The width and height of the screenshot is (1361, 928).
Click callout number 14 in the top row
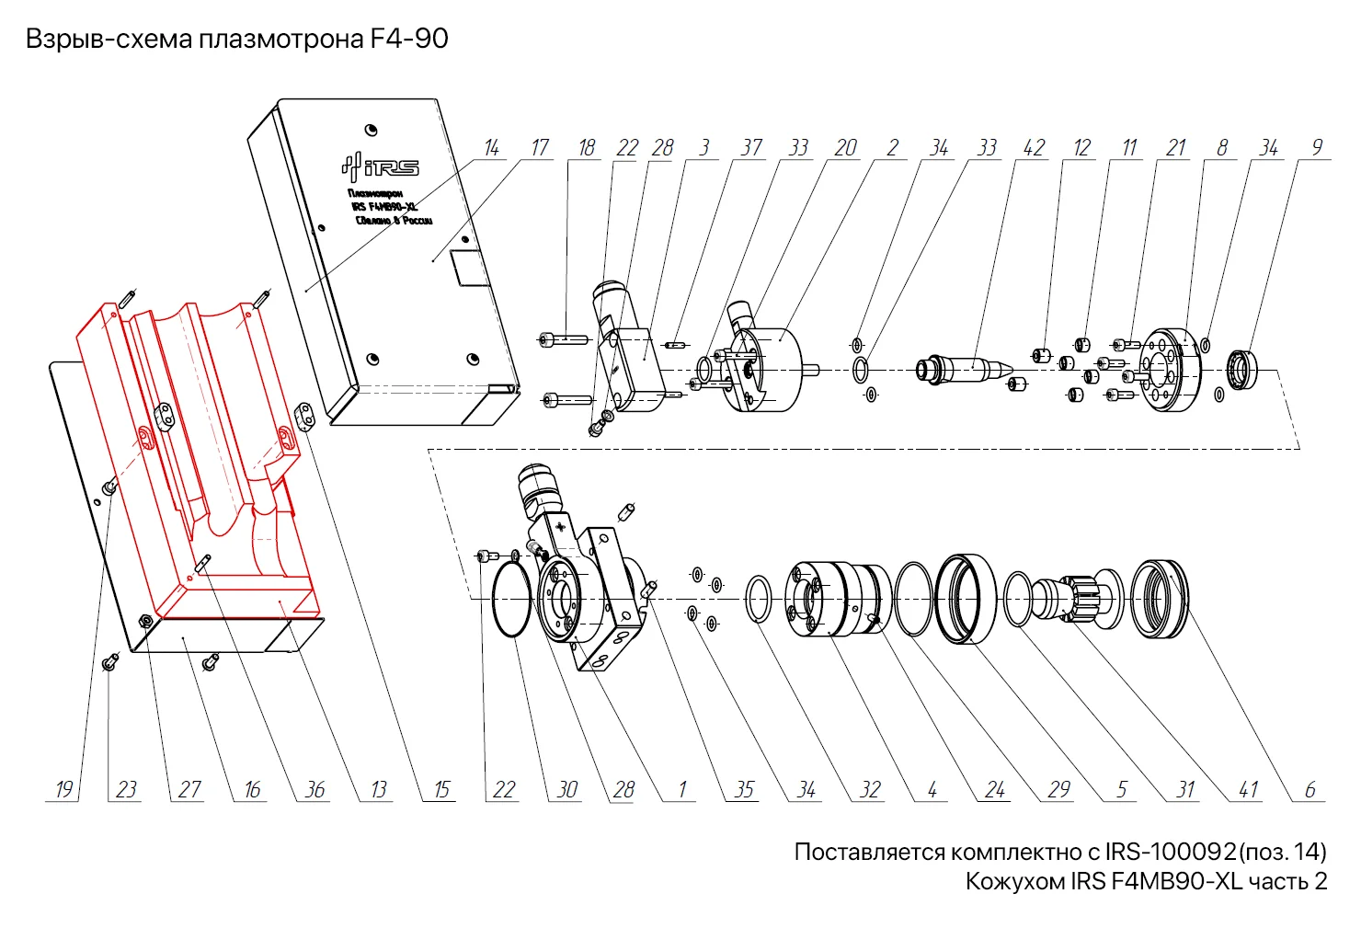(x=492, y=148)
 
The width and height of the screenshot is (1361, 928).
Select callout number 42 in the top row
(x=1035, y=148)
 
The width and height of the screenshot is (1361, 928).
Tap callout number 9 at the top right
(x=1317, y=148)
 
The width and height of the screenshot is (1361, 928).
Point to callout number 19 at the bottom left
(x=63, y=789)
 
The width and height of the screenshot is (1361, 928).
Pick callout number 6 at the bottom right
(x=1310, y=789)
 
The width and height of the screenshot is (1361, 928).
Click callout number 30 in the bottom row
(x=567, y=789)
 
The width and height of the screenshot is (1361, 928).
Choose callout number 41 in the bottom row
(x=1248, y=789)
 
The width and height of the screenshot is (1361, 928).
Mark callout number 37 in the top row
(x=752, y=148)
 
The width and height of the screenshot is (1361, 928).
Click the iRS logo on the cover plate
(x=381, y=166)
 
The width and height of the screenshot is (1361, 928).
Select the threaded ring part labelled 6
(x=1159, y=599)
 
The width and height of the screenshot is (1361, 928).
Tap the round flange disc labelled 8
(x=1170, y=370)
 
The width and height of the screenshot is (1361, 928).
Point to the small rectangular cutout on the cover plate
(x=465, y=268)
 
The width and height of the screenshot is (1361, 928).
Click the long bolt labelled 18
(x=563, y=339)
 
